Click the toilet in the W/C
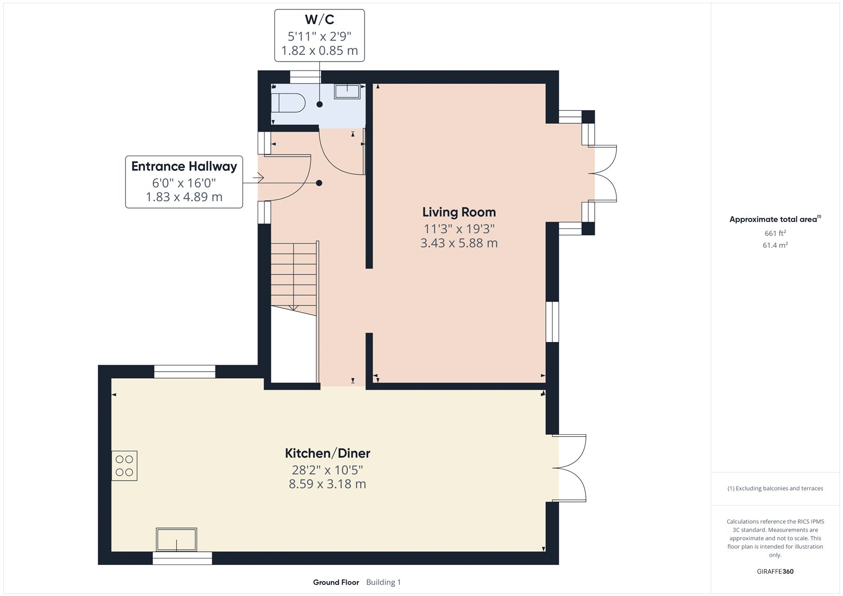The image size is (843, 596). point(288,102)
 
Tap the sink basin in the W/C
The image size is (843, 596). point(347,91)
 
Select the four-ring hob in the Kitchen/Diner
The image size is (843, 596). point(124,465)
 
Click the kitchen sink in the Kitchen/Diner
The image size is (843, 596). point(176,540)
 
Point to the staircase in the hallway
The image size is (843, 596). point(294,277)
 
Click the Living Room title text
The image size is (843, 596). point(459,212)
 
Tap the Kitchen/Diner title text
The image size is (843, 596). point(327,453)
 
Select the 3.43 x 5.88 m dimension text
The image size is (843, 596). point(459,243)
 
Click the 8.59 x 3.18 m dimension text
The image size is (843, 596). point(327,484)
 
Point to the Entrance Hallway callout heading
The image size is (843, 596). point(184,167)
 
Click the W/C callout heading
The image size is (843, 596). point(319,20)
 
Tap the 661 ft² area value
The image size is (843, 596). point(775,233)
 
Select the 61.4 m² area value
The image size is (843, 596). point(775,245)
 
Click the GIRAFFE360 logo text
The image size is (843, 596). point(775,571)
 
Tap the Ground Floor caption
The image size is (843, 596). point(336,582)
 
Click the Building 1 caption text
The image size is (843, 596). point(384,582)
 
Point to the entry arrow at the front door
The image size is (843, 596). point(258,178)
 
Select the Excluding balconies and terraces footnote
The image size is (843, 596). point(775,488)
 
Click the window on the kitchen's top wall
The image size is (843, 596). point(184,372)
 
